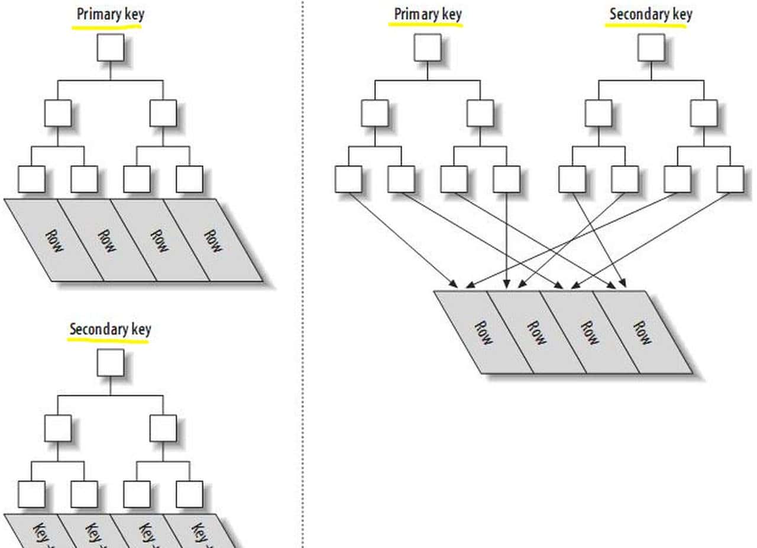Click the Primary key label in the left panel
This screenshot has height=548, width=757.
(110, 15)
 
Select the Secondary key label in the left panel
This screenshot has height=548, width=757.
(110, 330)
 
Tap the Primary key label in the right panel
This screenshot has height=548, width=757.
(427, 14)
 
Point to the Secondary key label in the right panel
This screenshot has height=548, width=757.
(651, 14)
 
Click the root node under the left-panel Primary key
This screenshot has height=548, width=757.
(111, 47)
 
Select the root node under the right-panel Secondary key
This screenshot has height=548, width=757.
(651, 47)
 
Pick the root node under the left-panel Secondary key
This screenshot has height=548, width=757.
(111, 362)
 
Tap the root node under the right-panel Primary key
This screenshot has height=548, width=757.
(427, 47)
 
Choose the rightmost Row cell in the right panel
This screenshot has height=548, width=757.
(642, 333)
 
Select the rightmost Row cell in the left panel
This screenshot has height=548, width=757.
(213, 240)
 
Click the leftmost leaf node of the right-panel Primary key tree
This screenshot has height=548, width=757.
(348, 179)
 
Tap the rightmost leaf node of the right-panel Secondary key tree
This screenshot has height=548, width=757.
(730, 179)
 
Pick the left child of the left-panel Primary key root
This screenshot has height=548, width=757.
(58, 113)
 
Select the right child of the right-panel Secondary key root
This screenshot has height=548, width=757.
(704, 113)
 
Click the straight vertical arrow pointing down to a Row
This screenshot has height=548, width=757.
(507, 243)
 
